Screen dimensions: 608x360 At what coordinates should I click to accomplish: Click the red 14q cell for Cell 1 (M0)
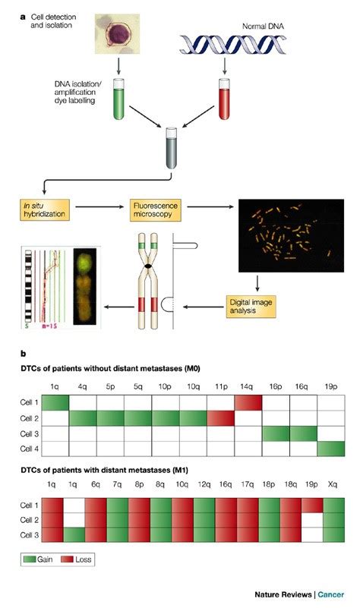click(248, 402)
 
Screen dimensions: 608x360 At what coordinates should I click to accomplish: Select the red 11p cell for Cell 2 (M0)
click(220, 418)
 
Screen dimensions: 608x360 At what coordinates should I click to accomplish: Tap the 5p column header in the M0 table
click(111, 386)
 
